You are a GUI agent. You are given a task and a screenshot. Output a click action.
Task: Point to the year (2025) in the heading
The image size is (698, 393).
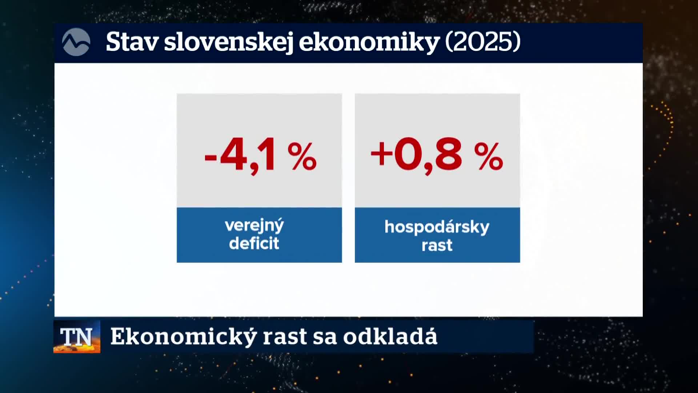[483, 42]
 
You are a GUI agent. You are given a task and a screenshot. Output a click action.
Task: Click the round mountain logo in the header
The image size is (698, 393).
[76, 42]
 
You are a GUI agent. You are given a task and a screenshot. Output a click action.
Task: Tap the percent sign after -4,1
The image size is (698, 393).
[302, 156]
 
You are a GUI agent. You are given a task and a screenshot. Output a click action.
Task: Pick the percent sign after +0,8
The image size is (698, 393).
[489, 156]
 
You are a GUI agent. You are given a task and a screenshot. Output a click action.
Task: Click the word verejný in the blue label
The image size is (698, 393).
[254, 226]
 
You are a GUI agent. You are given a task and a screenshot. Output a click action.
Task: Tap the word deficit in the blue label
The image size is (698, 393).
[254, 243]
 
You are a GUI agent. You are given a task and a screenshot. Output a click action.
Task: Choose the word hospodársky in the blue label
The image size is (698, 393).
[437, 227]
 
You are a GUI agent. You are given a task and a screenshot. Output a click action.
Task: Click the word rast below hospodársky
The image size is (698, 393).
[437, 245]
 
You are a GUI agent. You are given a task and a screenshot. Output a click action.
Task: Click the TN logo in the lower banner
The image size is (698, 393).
[77, 337]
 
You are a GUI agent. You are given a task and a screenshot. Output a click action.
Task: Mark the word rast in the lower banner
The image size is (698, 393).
[285, 337]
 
